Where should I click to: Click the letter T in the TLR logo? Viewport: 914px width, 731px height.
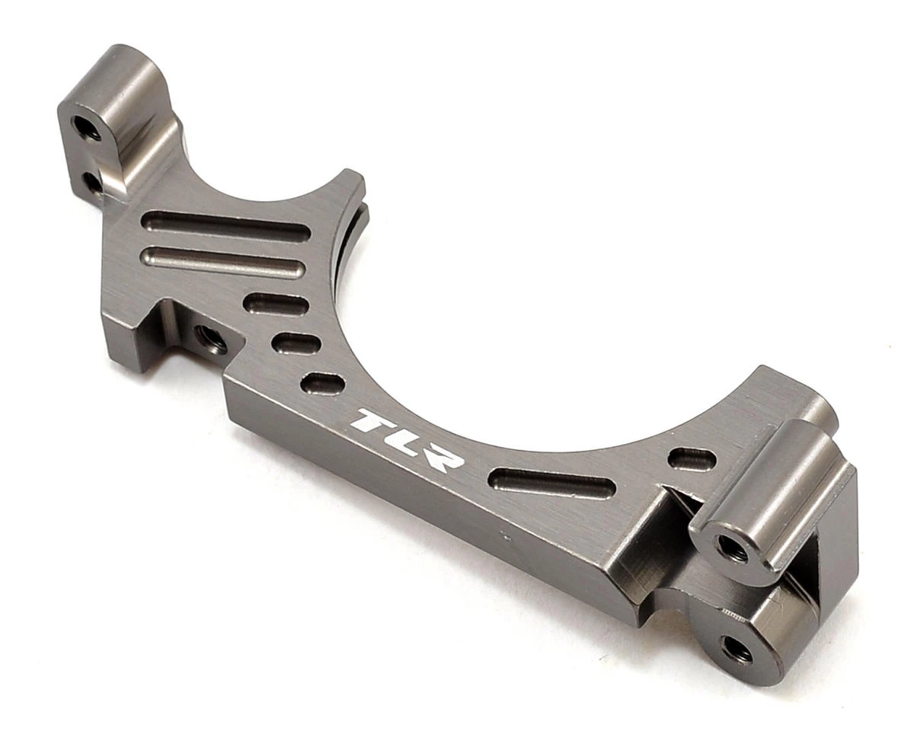pos(374,421)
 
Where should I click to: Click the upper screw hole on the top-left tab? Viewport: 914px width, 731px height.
pos(86,127)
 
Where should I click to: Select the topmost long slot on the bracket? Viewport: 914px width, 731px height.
pos(227,225)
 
